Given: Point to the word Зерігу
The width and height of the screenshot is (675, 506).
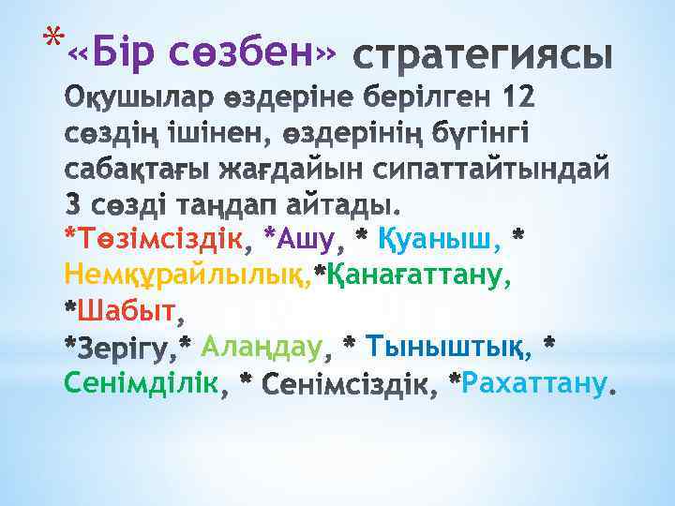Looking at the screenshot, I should point(127,349).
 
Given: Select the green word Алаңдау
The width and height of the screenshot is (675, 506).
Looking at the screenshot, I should point(262,348).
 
